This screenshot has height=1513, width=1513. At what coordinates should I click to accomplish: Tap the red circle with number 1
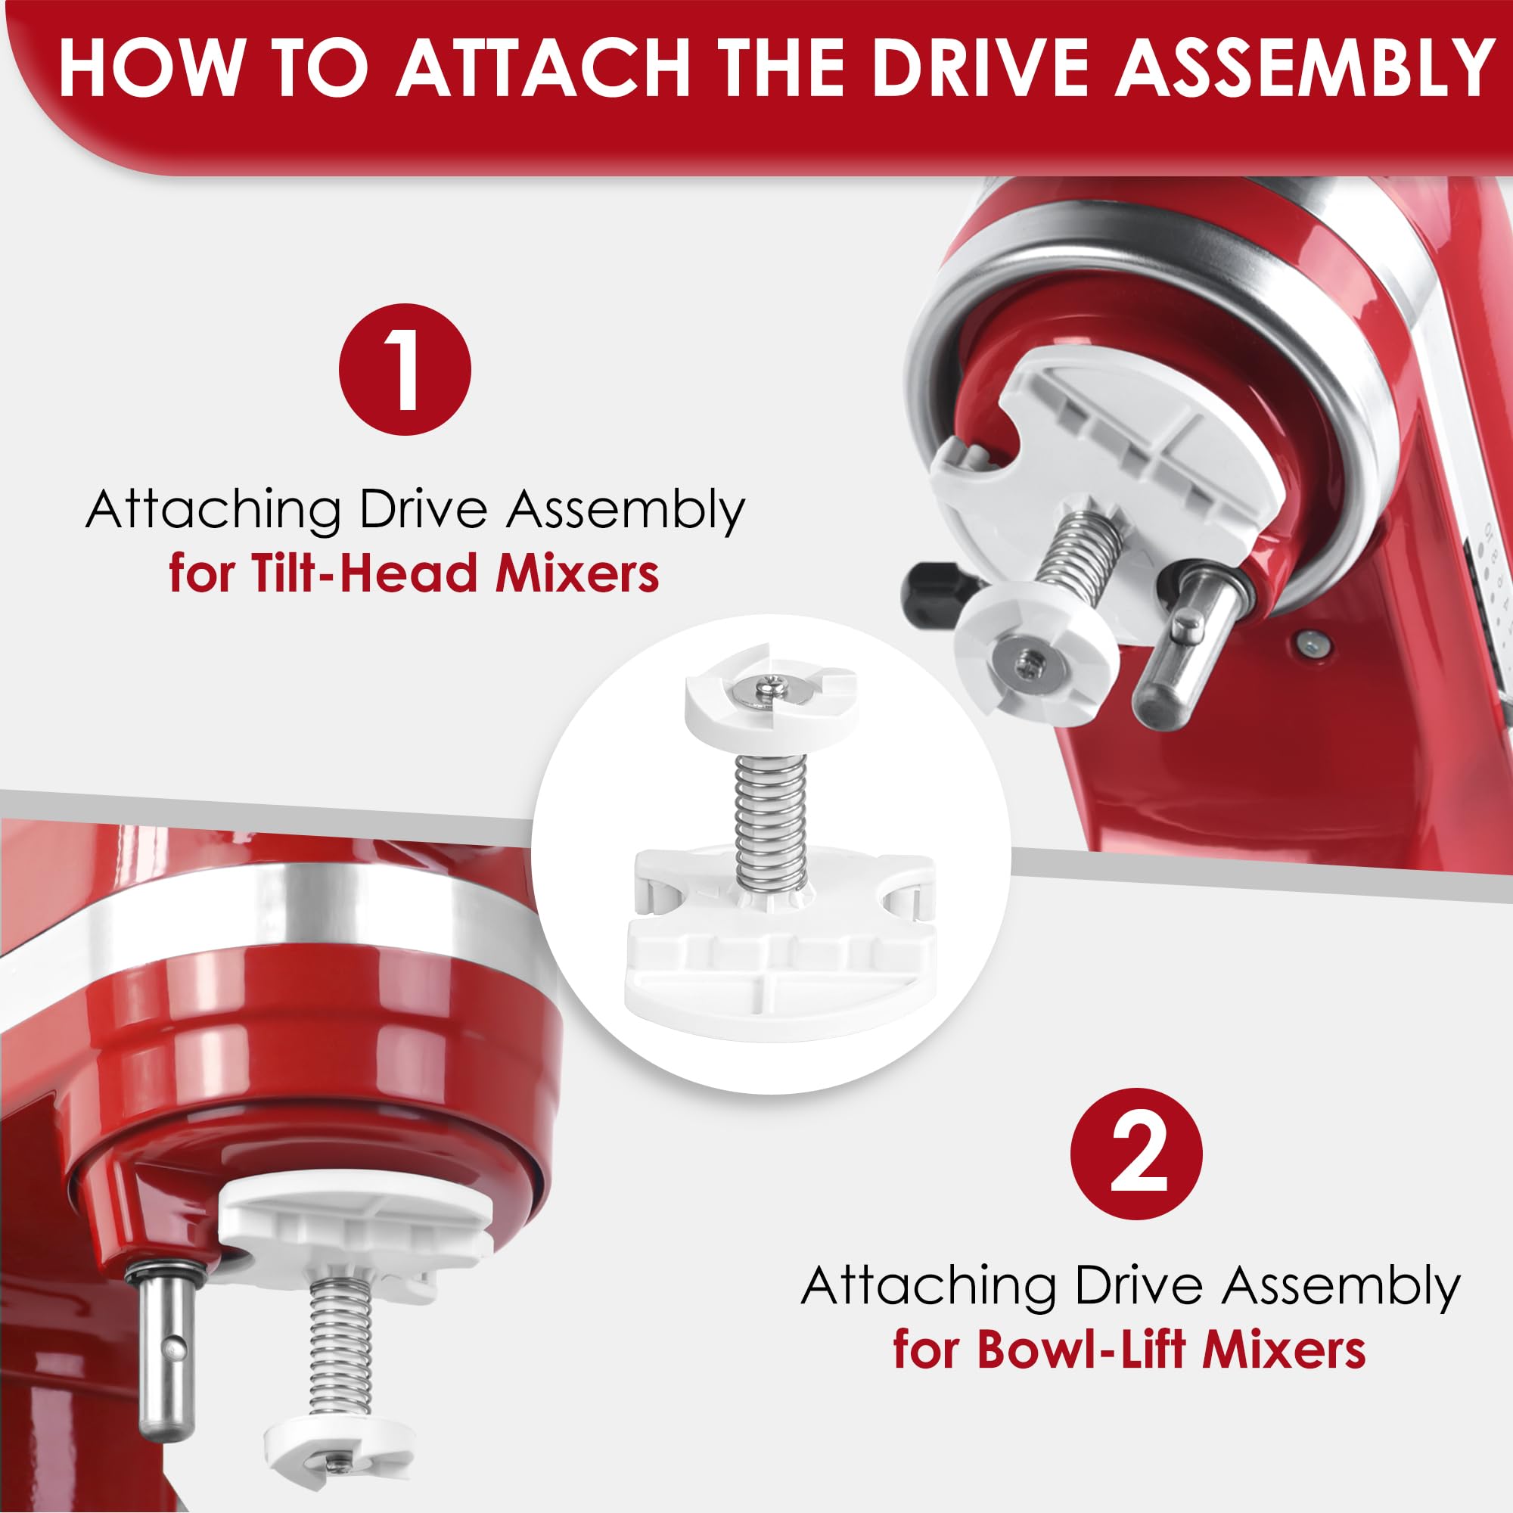click(x=405, y=370)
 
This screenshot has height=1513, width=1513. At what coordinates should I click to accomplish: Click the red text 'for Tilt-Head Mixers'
click(x=414, y=574)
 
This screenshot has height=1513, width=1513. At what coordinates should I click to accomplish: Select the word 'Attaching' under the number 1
click(x=213, y=511)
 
